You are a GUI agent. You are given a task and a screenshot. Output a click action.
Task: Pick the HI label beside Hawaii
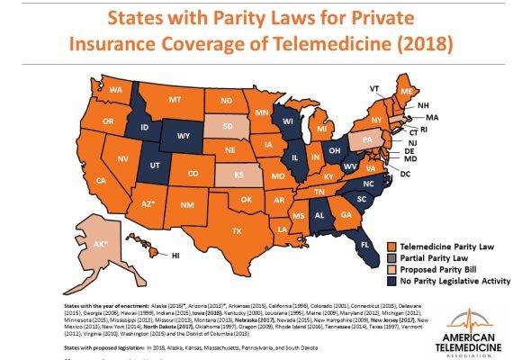click(177, 256)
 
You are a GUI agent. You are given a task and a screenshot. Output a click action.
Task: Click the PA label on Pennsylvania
click(366, 141)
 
